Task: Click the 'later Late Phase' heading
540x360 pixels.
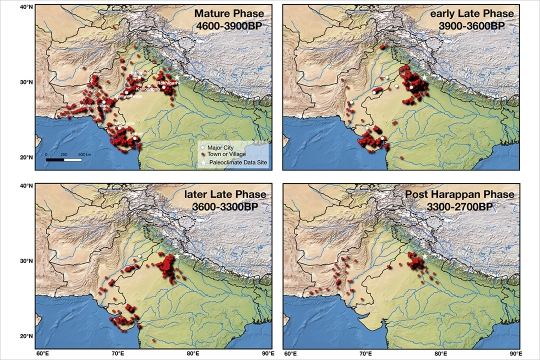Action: pyautogui.click(x=226, y=194)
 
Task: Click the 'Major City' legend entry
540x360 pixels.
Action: pyautogui.click(x=215, y=147)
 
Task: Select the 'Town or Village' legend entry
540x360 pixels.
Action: pyautogui.click(x=221, y=154)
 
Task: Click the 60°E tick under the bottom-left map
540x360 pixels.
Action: pyautogui.click(x=43, y=353)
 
